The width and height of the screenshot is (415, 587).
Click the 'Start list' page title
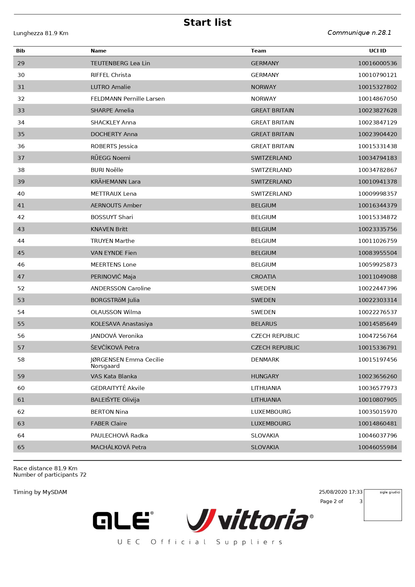pyautogui.click(x=207, y=22)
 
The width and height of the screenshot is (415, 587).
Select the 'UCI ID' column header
pyautogui.click(x=378, y=51)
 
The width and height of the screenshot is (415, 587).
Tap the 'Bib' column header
pyautogui.click(x=20, y=51)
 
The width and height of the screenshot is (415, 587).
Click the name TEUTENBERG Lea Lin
pyautogui.click(x=120, y=63)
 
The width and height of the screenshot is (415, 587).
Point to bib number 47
pyautogui.click(x=21, y=277)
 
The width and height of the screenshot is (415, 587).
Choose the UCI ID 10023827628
pyautogui.click(x=377, y=110)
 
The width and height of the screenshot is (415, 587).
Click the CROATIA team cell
pyautogui.click(x=263, y=277)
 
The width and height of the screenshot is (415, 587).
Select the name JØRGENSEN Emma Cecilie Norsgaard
pyautogui.click(x=127, y=363)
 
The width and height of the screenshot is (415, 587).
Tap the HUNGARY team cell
pyautogui.click(x=265, y=376)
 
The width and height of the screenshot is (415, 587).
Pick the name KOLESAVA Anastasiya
pyautogui.click(x=121, y=324)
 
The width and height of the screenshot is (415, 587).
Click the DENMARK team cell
pyautogui.click(x=265, y=360)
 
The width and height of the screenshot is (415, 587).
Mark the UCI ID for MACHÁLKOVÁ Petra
pyautogui.click(x=377, y=447)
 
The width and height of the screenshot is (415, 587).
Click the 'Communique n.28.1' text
pyautogui.click(x=359, y=32)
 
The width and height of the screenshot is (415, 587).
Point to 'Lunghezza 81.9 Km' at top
pyautogui.click(x=41, y=33)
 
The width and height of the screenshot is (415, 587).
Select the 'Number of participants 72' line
pyautogui.click(x=50, y=475)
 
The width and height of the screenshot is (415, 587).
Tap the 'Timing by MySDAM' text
pyautogui.click(x=40, y=492)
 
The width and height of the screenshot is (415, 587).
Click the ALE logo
pyautogui.click(x=123, y=520)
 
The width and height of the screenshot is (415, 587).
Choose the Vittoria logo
pyautogui.click(x=250, y=520)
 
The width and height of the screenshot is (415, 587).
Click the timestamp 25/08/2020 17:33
pyautogui.click(x=340, y=492)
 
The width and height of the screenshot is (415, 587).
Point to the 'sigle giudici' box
pyautogui.click(x=383, y=505)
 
